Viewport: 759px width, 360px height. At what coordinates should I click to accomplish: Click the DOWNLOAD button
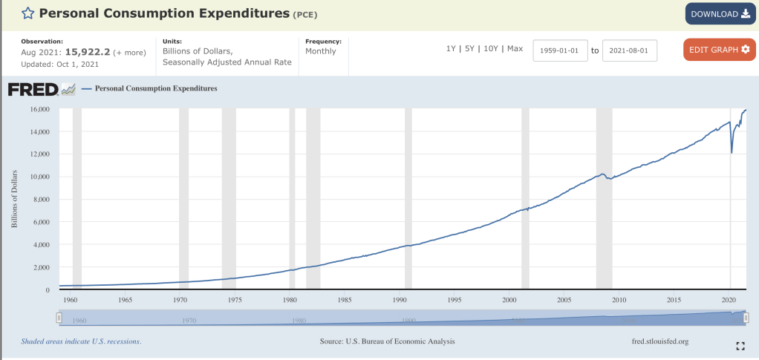[720, 14]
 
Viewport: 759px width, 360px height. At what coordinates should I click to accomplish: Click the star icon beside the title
[27, 13]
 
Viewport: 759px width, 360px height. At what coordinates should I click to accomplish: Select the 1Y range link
[451, 49]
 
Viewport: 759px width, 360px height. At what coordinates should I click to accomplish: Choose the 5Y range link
[469, 49]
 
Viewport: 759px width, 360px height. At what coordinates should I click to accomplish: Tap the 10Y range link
[490, 49]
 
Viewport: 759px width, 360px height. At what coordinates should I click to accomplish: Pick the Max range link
[515, 49]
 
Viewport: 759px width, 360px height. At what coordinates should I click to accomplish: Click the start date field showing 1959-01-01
[561, 50]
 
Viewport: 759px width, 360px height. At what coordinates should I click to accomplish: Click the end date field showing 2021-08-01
[630, 50]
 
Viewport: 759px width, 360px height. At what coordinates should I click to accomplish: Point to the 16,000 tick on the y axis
[39, 109]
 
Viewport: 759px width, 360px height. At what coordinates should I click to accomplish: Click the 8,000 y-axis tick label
[42, 200]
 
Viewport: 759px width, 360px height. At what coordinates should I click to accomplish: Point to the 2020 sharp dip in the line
[732, 152]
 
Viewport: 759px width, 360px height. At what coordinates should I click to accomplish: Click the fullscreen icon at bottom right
[740, 346]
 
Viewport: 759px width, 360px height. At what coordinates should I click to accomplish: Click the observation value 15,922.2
[87, 52]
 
